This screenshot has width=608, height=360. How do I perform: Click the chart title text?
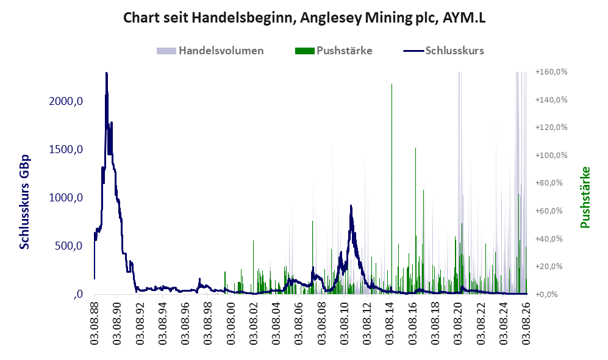tap(304, 18)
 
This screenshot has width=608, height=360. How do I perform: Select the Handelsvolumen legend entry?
tap(210, 51)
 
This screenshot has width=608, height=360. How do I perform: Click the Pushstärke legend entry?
tap(334, 51)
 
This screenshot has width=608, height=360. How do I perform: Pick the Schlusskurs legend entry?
tap(443, 51)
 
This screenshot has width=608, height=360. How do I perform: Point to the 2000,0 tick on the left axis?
tap(66, 101)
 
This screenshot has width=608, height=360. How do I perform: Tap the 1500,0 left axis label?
tap(66, 149)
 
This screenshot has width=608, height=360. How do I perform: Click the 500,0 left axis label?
tap(69, 246)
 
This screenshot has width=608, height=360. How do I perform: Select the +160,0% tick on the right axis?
tap(551, 72)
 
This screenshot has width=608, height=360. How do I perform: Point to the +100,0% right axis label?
tap(551, 155)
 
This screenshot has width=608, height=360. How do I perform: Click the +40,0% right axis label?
tap(549, 239)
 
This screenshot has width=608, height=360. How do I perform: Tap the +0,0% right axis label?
tap(547, 294)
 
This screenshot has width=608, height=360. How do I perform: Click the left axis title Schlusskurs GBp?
tap(24, 202)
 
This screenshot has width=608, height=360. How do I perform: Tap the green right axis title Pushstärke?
tap(585, 197)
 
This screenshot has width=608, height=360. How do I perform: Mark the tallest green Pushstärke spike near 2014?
tap(392, 84)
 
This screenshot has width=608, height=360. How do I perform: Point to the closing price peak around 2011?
tap(351, 206)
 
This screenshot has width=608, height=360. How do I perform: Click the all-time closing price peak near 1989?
tap(106, 73)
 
